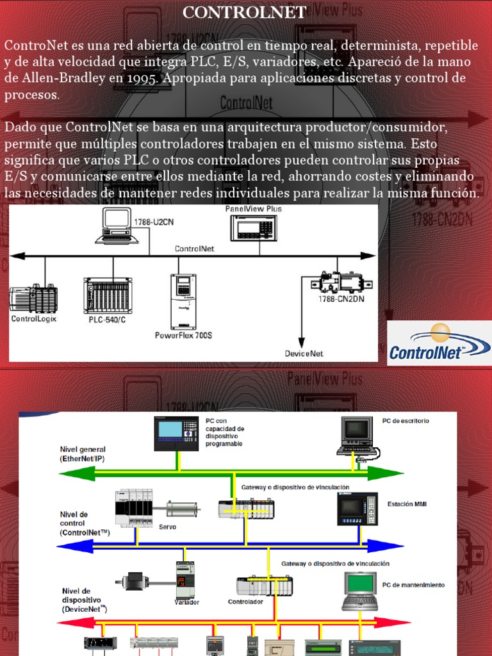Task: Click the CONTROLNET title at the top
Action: click(245, 12)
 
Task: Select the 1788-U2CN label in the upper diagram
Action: click(153, 222)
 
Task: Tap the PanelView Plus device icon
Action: click(254, 227)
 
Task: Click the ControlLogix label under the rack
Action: click(33, 318)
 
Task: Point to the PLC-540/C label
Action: click(107, 319)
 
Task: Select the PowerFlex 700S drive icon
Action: click(183, 300)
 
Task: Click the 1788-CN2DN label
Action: click(341, 299)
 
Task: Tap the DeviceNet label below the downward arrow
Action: click(304, 353)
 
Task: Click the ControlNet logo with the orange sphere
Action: click(439, 343)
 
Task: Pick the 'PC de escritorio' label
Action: click(406, 421)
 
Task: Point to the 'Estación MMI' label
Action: click(407, 504)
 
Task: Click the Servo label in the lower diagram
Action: click(167, 527)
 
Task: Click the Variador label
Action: click(187, 602)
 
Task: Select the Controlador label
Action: click(246, 602)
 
